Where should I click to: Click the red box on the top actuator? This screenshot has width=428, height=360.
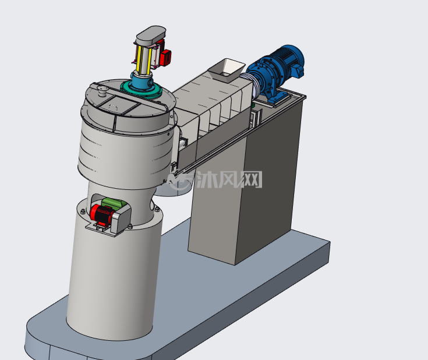point(165,57)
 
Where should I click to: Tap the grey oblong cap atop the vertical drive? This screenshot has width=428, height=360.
point(151,35)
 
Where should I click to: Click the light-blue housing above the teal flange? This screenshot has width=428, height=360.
point(142,81)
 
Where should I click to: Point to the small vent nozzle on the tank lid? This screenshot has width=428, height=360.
point(102,91)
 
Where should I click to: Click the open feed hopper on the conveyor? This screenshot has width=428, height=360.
point(227,70)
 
